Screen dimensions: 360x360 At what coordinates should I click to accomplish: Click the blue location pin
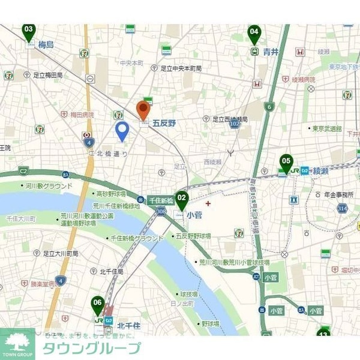122,131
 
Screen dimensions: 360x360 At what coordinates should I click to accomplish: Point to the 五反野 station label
164,123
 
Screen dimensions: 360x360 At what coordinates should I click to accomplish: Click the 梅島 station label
46,45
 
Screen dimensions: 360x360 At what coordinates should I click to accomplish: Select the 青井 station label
271,52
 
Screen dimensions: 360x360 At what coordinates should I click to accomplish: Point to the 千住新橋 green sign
160,200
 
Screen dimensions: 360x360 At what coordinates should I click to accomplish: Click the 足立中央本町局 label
185,68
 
